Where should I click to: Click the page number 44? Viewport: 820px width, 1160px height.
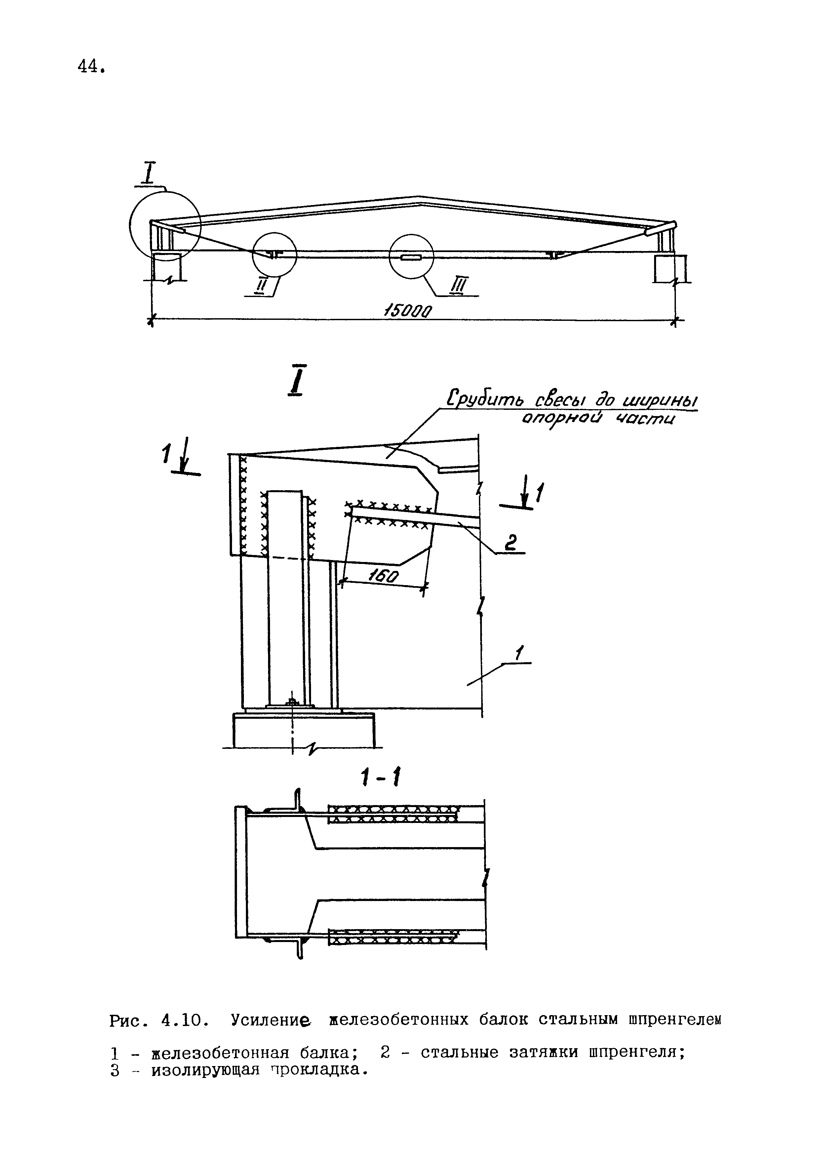91,66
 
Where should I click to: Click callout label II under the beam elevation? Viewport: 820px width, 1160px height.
260,286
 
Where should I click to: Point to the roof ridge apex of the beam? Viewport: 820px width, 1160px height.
418,196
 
